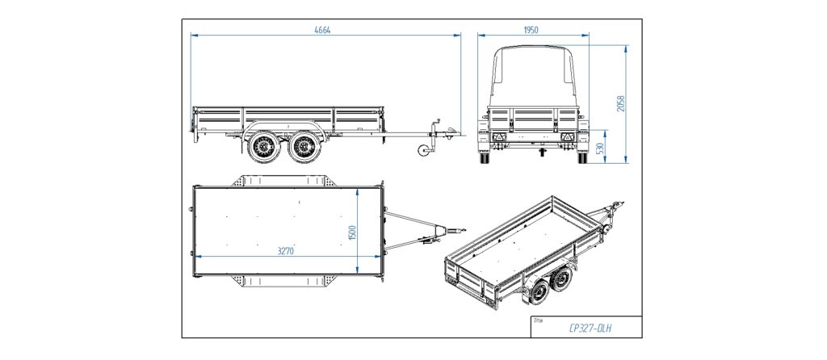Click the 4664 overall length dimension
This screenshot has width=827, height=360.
point(323,30)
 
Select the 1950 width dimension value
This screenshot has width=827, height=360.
point(531,30)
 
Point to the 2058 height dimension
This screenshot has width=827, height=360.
point(621,104)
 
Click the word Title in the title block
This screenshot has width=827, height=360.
point(539,320)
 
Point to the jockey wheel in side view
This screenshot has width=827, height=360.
point(422,152)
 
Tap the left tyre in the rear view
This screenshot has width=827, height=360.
point(485,158)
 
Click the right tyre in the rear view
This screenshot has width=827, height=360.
point(581,158)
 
